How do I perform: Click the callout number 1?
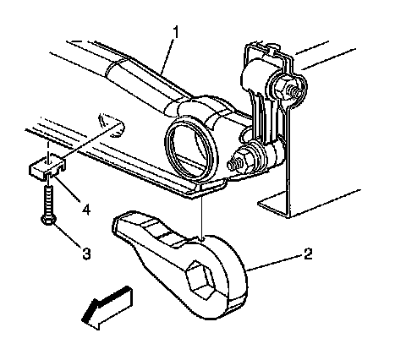[x=175, y=32]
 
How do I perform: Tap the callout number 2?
[x=308, y=254]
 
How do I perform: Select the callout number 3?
[x=86, y=254]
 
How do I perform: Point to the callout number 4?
[x=85, y=210]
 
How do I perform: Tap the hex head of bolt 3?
[x=48, y=220]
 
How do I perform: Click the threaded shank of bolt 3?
[x=48, y=200]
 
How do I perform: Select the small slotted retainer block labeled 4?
[x=47, y=168]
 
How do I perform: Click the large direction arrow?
[x=107, y=308]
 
